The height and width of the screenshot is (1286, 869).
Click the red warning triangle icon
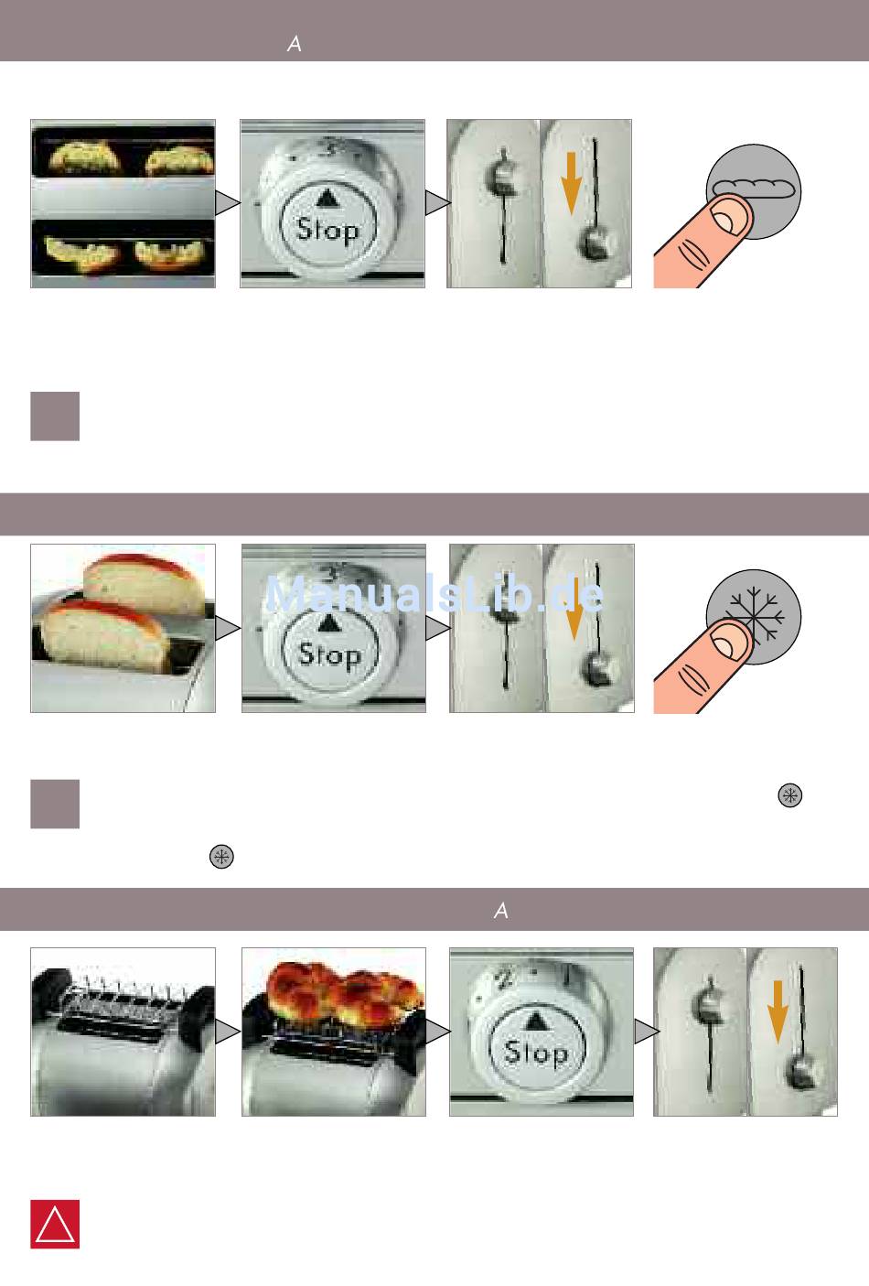55,1224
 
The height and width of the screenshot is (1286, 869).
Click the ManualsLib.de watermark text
434,595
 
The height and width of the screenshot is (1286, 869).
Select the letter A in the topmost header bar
295,44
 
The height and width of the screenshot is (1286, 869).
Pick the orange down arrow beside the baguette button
572,184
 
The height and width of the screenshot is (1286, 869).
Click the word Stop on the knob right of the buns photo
536,1053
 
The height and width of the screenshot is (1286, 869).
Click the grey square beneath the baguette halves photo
55,416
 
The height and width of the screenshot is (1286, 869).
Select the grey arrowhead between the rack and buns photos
228,1032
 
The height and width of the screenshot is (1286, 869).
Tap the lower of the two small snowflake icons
221,857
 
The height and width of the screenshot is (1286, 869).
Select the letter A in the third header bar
501,910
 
